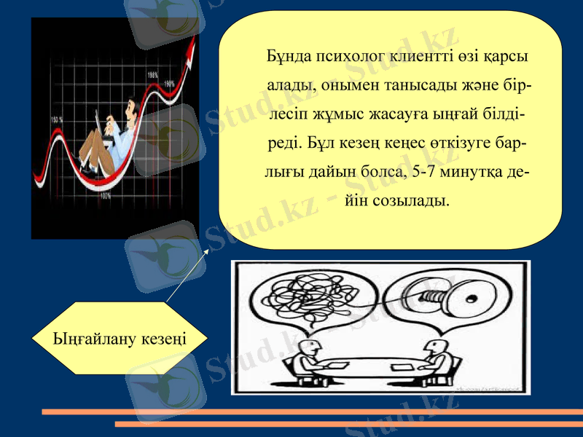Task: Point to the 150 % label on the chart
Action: [x=58, y=119]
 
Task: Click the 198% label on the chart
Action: [x=153, y=74]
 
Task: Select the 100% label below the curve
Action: [x=106, y=195]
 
